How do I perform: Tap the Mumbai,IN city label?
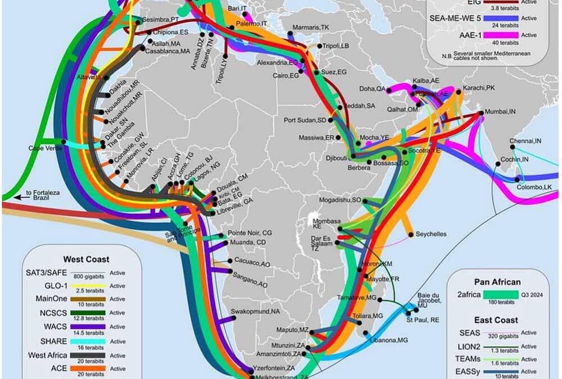[x=502, y=112]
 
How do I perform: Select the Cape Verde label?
[x=44, y=148]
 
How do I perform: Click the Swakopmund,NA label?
[x=256, y=311]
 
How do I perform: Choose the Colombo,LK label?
[x=538, y=186]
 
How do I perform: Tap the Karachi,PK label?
[x=479, y=88]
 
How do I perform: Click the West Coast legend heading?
[x=87, y=259]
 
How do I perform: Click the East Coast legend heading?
[x=497, y=320]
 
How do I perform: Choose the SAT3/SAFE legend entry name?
[x=46, y=273]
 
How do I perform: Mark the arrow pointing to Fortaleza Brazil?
[x=20, y=197]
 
